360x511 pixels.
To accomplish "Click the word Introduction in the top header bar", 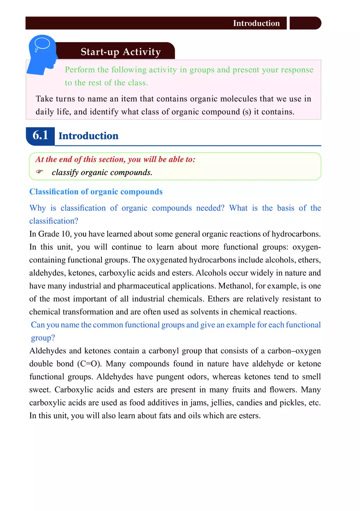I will pyautogui.click(x=256, y=23).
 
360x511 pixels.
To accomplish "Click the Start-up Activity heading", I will pyautogui.click(x=121, y=52).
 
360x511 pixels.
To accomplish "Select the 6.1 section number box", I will pyautogui.click(x=40, y=135).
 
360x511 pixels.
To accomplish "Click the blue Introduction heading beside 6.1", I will pyautogui.click(x=88, y=136).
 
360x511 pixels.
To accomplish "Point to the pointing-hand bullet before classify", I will pyautogui.click(x=39, y=173).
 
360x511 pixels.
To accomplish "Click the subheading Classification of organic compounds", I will pyautogui.click(x=96, y=192).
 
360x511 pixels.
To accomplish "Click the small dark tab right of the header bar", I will pyautogui.click(x=305, y=23).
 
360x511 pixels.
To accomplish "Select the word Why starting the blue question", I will pyautogui.click(x=38, y=208).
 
